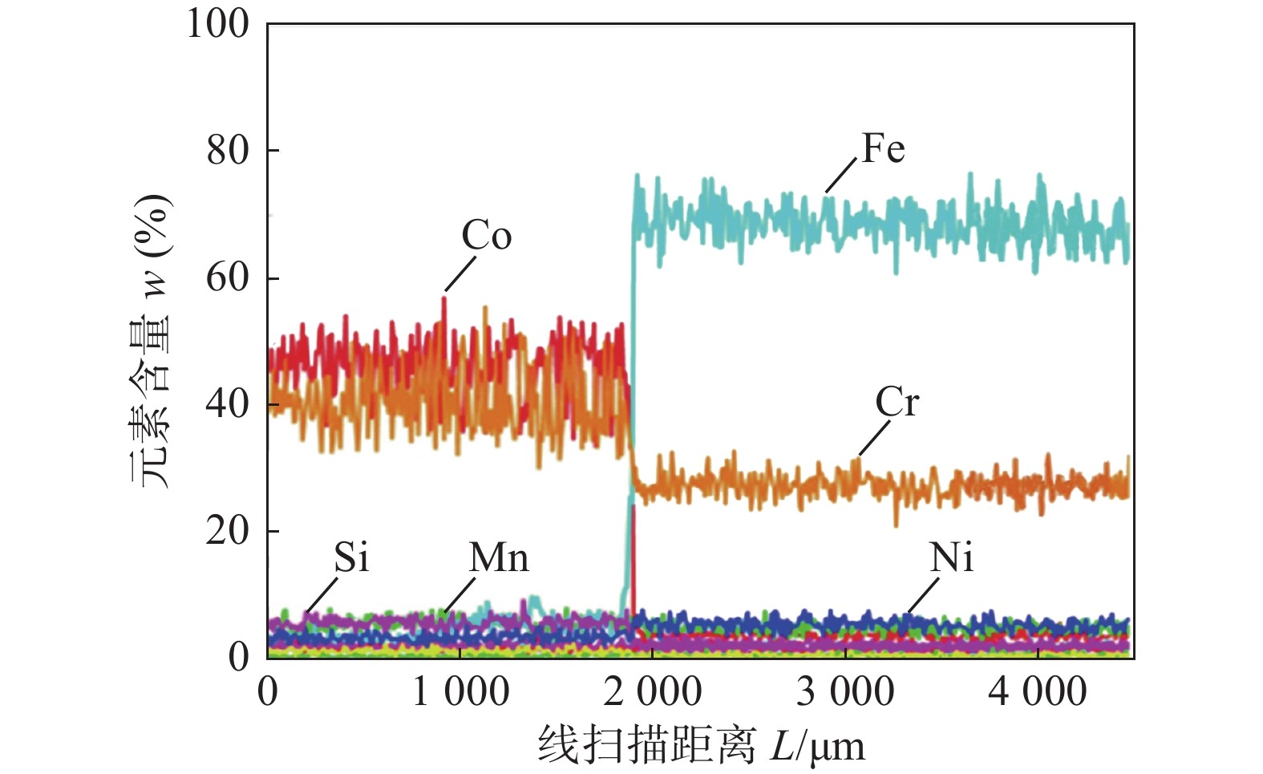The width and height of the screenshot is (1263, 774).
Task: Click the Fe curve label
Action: (x=883, y=149)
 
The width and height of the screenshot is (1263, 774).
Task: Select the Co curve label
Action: (x=486, y=236)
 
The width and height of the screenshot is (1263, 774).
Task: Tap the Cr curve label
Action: (x=897, y=402)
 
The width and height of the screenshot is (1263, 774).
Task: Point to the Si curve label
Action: (x=351, y=557)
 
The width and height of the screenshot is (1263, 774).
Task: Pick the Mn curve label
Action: (x=499, y=557)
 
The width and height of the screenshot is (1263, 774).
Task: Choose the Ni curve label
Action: (x=952, y=557)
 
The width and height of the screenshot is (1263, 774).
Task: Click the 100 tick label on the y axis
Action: (x=218, y=24)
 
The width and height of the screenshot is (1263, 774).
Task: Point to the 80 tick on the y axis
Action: (x=228, y=150)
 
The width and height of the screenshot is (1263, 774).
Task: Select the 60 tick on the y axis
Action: (x=228, y=278)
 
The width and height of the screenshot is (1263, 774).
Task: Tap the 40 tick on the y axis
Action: (x=228, y=403)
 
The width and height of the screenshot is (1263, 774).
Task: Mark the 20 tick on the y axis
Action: (x=228, y=530)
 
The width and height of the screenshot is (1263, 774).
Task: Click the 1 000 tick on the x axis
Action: (x=460, y=692)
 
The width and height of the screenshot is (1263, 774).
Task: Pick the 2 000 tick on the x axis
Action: (x=653, y=692)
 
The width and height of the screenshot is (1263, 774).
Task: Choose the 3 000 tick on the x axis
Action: (x=845, y=692)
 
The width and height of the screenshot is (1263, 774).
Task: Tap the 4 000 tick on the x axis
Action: (x=1038, y=692)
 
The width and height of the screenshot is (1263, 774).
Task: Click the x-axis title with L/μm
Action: (x=702, y=746)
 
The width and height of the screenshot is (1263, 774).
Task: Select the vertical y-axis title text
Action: (x=152, y=340)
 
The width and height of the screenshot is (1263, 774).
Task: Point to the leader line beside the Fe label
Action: (x=841, y=175)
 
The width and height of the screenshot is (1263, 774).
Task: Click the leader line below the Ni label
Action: (x=923, y=596)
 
